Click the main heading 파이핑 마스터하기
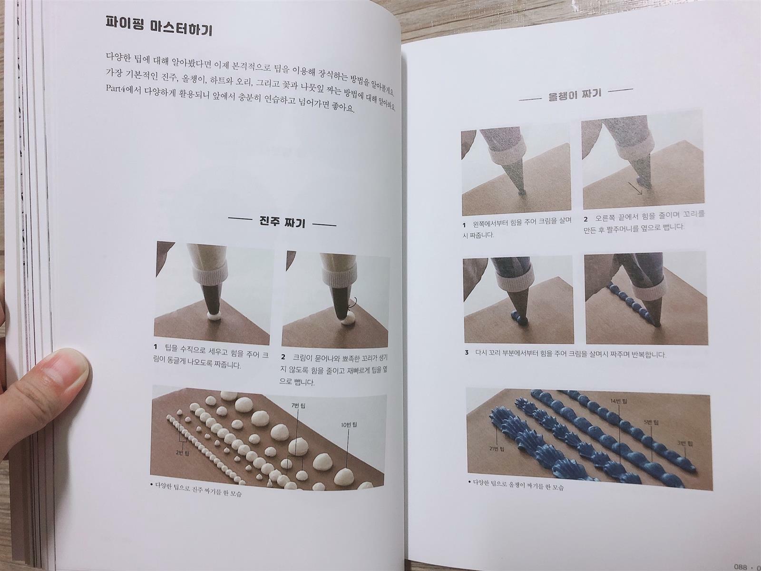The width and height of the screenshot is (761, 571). click(158, 26)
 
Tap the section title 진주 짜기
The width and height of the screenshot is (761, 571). click(282, 222)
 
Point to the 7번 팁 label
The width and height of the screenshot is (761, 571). click(298, 405)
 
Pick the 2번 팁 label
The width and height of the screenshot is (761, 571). click(182, 453)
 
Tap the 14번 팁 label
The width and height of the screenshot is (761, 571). click(619, 402)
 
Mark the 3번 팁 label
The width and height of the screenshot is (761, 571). click(685, 443)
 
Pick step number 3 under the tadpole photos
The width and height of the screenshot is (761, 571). click(467, 352)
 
